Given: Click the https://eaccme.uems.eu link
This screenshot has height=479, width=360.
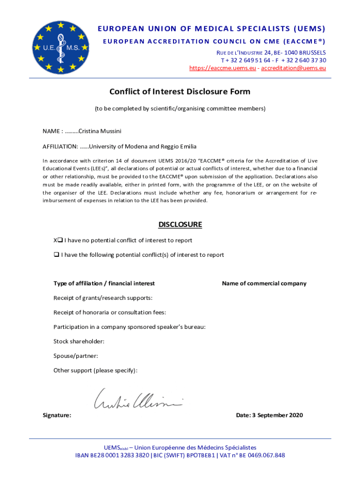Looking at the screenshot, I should tap(223, 68).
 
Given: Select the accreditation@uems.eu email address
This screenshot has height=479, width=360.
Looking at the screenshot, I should tap(293, 68).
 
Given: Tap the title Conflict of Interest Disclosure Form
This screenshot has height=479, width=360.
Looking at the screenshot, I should tap(180, 92).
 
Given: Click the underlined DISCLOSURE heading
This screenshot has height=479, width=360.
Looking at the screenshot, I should tap(180, 225).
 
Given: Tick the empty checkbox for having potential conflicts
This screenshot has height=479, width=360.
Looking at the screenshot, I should tap(56, 255).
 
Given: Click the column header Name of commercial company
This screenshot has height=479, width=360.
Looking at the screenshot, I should tap(264, 283).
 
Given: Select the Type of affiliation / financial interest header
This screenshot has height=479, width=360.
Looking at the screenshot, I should tap(104, 283).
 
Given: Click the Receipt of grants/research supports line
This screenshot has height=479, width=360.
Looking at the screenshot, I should tap(103, 298).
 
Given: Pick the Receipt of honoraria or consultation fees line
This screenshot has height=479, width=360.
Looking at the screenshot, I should tap(109, 312).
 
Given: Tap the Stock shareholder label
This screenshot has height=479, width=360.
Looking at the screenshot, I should tap(79, 341).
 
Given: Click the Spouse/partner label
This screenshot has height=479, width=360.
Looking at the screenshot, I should tap(75, 356).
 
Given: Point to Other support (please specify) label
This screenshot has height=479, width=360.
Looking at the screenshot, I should tap(95, 370).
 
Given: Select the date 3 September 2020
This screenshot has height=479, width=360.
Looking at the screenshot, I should tap(278, 415).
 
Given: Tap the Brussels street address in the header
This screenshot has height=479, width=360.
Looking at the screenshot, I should tap(274, 52).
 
